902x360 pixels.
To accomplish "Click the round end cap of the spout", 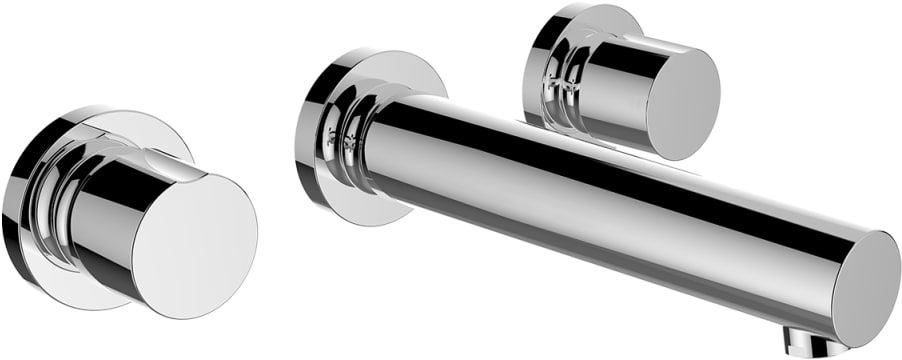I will [866, 290].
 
